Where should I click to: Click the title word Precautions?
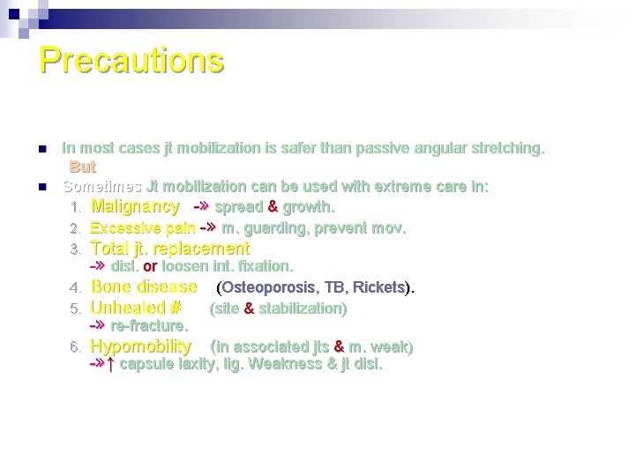tap(131, 60)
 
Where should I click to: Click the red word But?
tap(83, 167)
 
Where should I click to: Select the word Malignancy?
tap(135, 207)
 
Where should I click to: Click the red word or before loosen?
tap(150, 266)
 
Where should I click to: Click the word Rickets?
tap(379, 288)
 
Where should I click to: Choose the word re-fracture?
tap(149, 326)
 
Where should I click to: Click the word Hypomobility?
tap(141, 346)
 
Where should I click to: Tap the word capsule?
tap(144, 364)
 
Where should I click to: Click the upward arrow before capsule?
tap(110, 364)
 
